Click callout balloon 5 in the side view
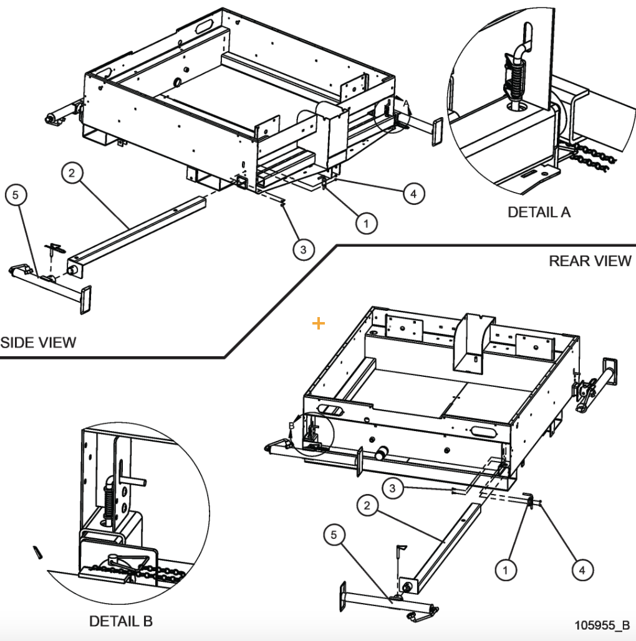(16, 196)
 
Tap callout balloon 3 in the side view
(302, 250)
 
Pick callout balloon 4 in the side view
(412, 194)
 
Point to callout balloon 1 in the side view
(366, 222)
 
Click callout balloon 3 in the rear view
(392, 489)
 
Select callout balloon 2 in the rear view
(367, 506)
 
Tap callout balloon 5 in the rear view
(335, 535)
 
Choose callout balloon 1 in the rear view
(506, 569)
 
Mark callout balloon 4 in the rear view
(582, 569)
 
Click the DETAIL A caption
(539, 212)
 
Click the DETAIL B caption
(120, 621)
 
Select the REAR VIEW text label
(590, 261)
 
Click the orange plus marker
(319, 323)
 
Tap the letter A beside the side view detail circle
(405, 102)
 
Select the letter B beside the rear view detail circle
(291, 425)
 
